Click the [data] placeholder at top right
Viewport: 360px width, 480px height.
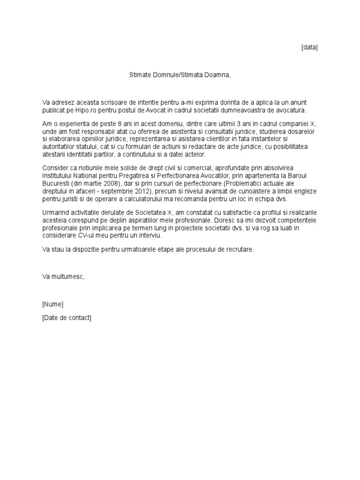(309, 47)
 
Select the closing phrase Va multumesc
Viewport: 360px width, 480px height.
(63, 277)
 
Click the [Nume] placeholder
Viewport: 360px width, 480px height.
(52, 304)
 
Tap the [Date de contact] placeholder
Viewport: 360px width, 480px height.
(67, 318)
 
